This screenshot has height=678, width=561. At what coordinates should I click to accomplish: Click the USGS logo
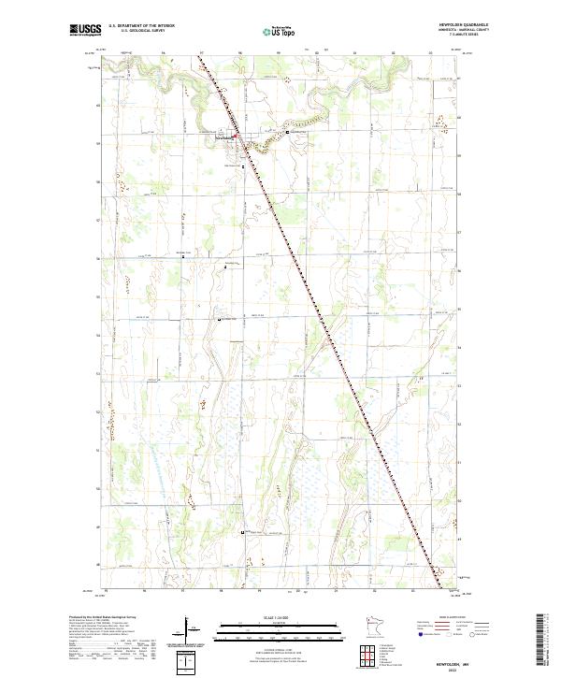click(x=85, y=30)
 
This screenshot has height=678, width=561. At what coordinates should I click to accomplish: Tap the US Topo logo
click(x=278, y=30)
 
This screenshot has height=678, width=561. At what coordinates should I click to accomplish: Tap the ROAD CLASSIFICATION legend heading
click(x=453, y=618)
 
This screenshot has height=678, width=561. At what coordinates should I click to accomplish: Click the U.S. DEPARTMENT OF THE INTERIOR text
click(x=141, y=25)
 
